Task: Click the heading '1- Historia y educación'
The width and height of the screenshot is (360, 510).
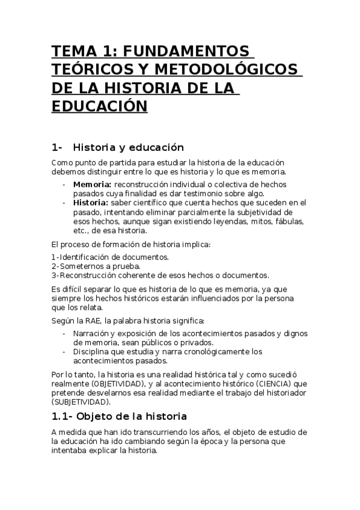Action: [x=118, y=147]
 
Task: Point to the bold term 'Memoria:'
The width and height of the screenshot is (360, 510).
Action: [x=92, y=184]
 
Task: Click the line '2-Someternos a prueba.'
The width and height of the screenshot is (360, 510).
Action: [x=88, y=266]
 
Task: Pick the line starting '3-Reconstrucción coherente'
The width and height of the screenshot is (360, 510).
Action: [x=160, y=275]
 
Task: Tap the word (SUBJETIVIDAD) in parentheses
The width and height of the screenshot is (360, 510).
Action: [x=81, y=401]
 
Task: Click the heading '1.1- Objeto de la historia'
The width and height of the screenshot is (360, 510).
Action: [x=120, y=416]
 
